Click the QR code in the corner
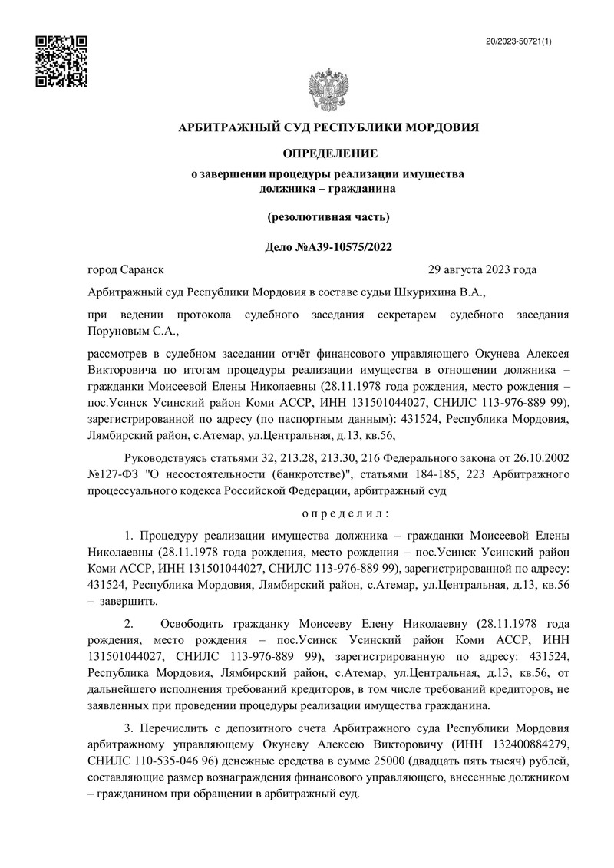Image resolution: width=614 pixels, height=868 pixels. click(62, 61)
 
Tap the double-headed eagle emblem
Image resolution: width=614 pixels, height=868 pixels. click(328, 91)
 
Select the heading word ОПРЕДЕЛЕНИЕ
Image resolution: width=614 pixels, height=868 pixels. click(328, 153)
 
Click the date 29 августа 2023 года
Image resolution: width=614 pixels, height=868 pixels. click(482, 269)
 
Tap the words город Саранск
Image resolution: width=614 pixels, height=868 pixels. click(126, 269)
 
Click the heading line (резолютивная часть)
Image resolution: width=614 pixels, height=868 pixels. click(328, 217)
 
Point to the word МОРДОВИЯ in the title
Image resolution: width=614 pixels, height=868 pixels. click(441, 127)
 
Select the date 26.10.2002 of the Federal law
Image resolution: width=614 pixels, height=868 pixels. click(539, 457)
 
